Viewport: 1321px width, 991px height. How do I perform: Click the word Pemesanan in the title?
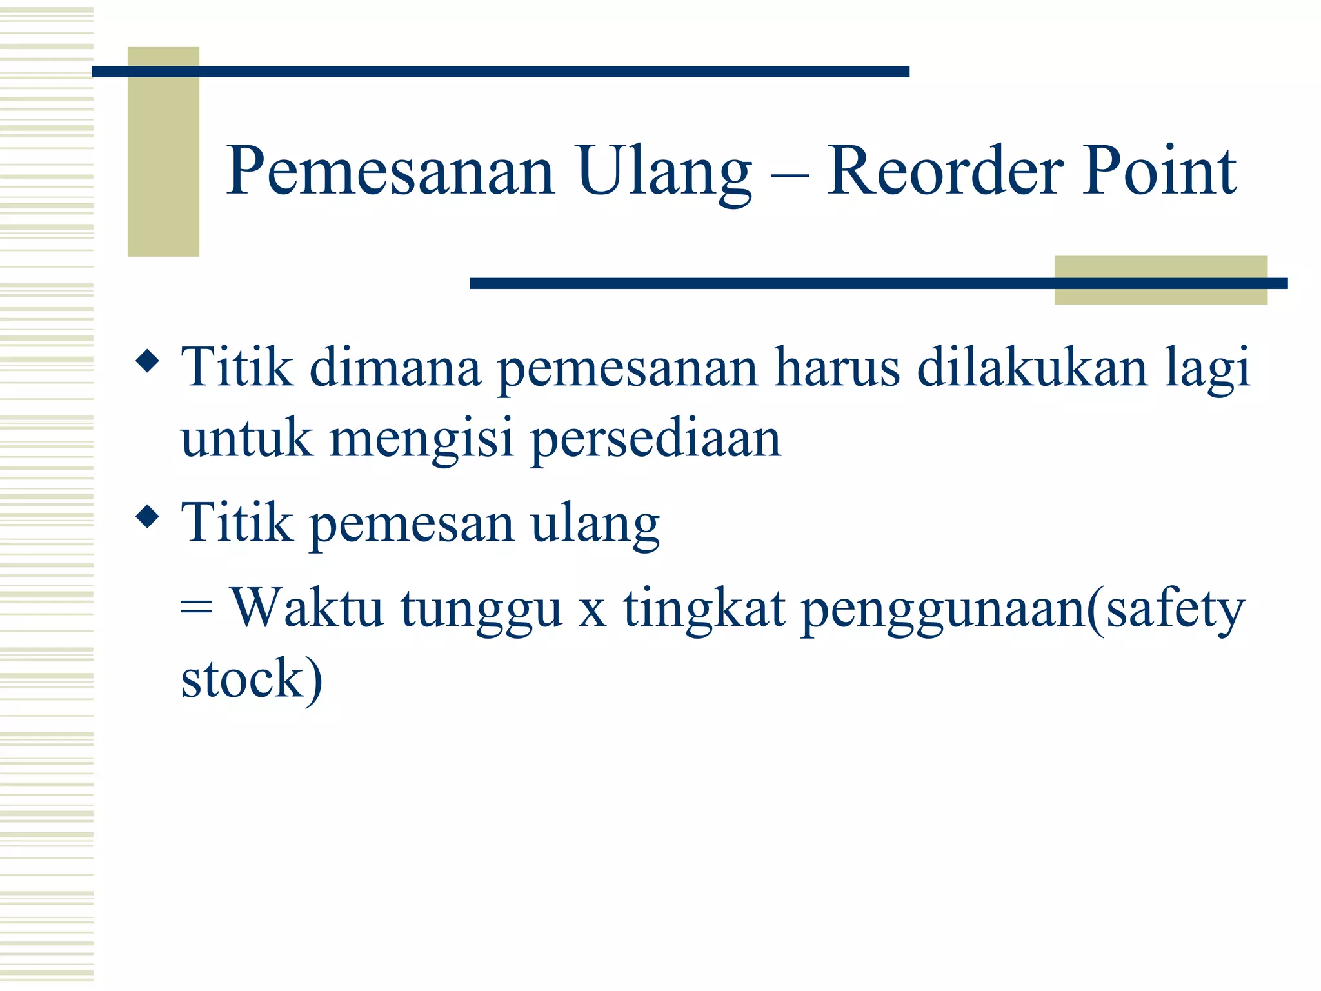[x=390, y=171]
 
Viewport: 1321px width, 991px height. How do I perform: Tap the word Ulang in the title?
[x=664, y=171]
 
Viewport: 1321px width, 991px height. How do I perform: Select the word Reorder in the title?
[x=946, y=171]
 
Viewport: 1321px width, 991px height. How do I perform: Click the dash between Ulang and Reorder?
[x=790, y=174]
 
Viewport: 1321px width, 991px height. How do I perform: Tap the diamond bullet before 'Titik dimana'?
[x=148, y=361]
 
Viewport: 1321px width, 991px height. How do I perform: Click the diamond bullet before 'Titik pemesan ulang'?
[x=148, y=516]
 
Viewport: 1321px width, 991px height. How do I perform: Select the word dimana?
[x=395, y=368]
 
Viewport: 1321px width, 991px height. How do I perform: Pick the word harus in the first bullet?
[x=837, y=368]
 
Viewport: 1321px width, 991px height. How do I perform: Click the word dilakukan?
[x=1032, y=368]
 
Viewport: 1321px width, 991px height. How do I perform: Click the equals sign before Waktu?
[x=196, y=609]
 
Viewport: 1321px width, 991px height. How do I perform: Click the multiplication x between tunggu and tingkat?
[x=591, y=613]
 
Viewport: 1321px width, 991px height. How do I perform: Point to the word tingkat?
[x=704, y=610]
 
